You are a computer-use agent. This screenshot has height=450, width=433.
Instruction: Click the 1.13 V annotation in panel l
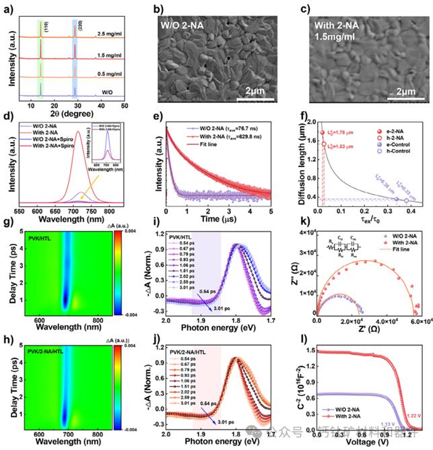pos(387,425)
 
